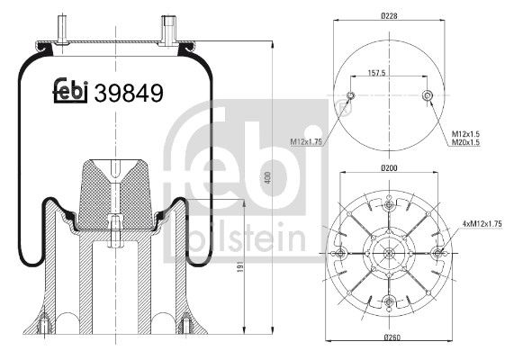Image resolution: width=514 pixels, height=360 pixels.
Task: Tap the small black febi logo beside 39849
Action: coord(69,90)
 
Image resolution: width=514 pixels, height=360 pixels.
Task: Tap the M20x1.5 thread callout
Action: coord(464,142)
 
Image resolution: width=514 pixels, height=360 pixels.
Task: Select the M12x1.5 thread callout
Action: coord(464,132)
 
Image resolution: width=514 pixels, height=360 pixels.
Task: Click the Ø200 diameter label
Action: coord(389,168)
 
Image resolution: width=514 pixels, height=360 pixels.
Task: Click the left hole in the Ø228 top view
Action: coord(352,96)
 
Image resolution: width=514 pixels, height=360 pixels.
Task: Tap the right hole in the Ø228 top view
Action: coord(428,96)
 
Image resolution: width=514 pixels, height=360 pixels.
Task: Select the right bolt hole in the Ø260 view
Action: coord(437,254)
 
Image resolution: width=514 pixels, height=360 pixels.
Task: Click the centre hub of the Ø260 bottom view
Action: coord(389,254)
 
